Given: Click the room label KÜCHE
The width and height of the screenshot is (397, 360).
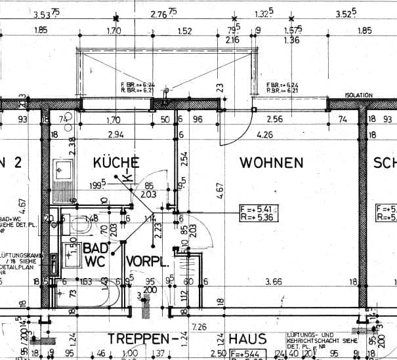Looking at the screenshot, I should click(x=116, y=162).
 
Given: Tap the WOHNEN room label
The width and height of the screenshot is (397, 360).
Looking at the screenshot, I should click(x=271, y=162).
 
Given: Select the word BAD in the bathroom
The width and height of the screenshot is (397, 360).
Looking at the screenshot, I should click(x=96, y=248).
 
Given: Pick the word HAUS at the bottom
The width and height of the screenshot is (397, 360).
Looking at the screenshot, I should click(x=248, y=340).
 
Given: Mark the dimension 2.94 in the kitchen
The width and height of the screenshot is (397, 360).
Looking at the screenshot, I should click(x=115, y=135).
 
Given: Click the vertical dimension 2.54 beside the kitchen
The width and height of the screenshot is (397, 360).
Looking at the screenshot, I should click(x=185, y=158).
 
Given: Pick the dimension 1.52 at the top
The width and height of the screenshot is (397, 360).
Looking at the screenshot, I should click(x=184, y=30).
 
